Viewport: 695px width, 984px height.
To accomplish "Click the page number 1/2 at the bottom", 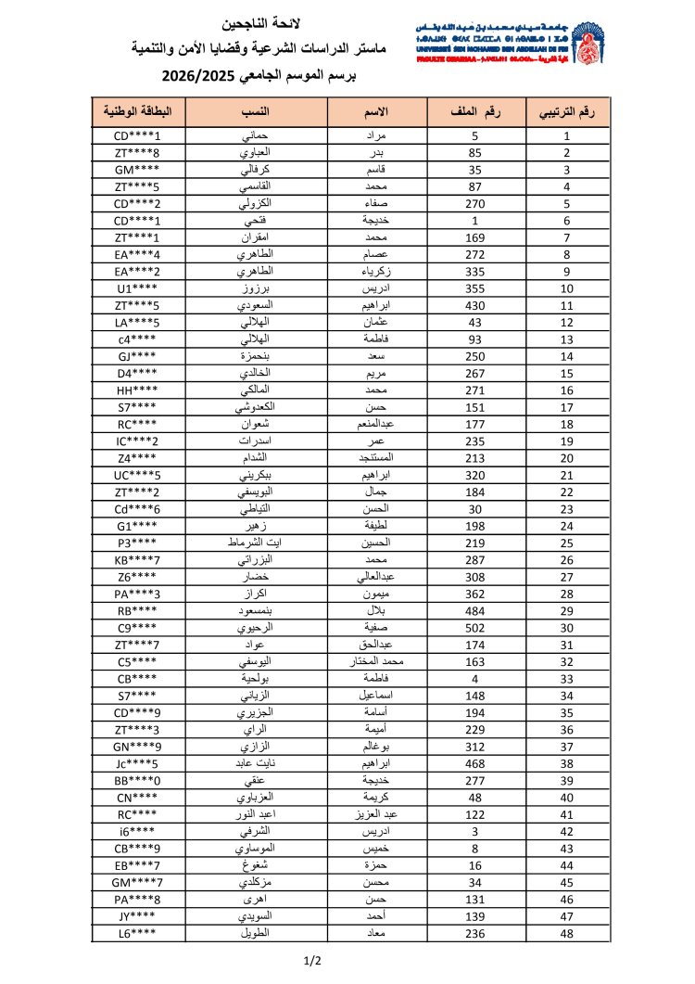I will coord(312,961).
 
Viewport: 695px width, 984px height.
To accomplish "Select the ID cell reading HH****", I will coord(138,390).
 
